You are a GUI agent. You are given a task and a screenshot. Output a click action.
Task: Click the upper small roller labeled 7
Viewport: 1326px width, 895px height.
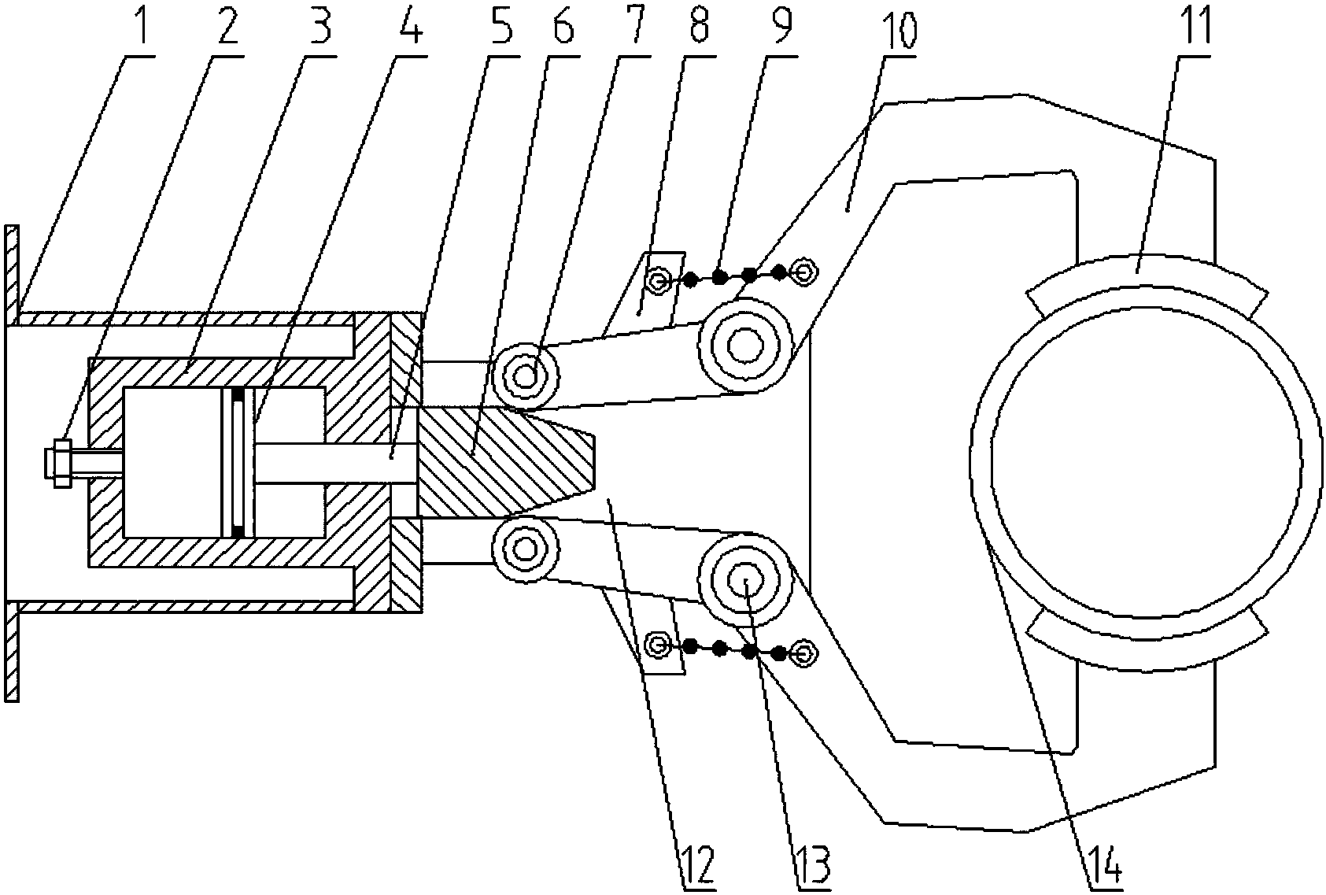tap(525, 376)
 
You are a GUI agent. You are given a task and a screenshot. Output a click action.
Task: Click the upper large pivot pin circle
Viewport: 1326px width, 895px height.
tap(743, 344)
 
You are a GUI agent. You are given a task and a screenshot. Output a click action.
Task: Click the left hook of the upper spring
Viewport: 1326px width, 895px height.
tap(659, 279)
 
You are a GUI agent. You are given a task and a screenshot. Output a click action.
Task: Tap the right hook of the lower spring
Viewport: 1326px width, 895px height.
tap(803, 653)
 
